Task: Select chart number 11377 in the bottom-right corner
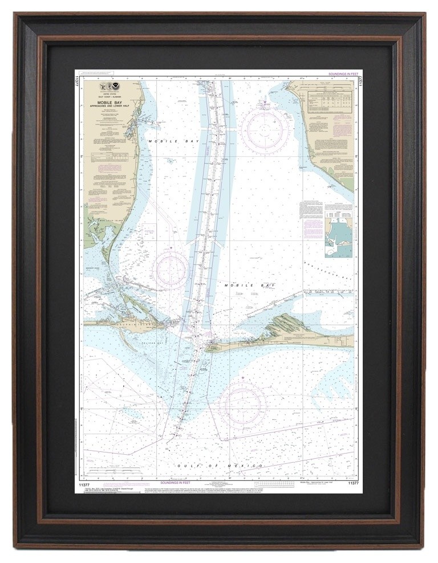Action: coord(351,483)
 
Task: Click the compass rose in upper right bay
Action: coord(264,130)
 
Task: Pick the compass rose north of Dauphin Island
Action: coord(171,268)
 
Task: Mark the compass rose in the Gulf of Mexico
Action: coord(242,405)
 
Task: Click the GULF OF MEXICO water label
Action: coord(220,466)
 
